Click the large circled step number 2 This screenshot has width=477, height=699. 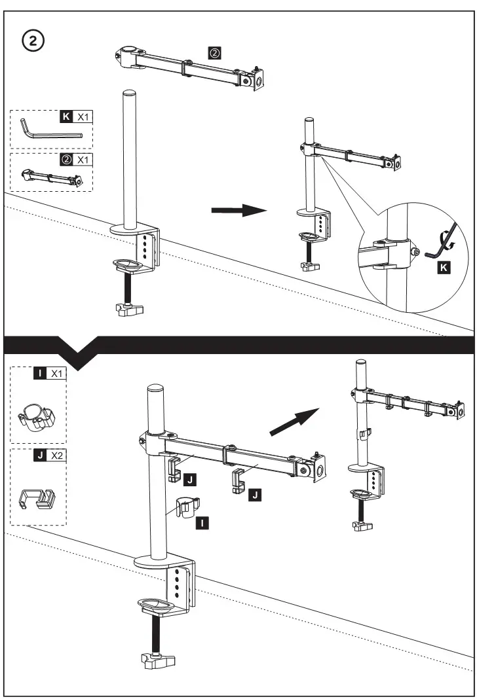pos(34,41)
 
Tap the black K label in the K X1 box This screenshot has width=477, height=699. pos(66,116)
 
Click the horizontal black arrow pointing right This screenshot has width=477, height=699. pos(238,210)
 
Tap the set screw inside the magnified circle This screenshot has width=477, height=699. pos(414,251)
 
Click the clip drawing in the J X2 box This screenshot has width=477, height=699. pos(37,499)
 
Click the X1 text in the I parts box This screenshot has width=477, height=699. pos(57,374)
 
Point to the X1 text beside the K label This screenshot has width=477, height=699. pos(83,116)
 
